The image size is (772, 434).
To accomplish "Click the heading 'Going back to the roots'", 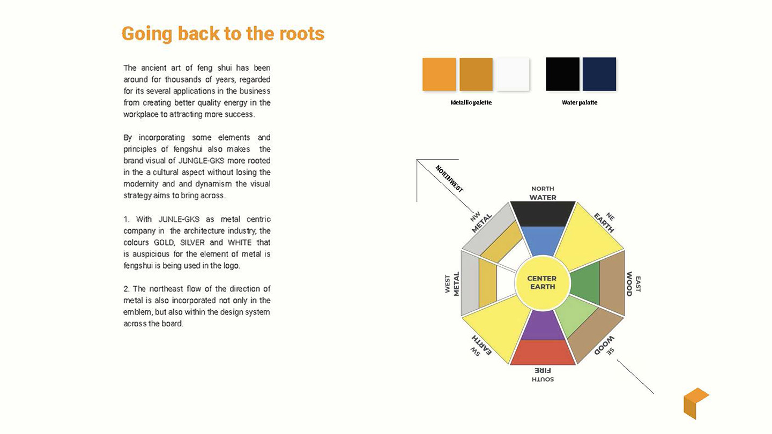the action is click(223, 34).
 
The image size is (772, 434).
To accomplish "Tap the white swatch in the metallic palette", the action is click(513, 74).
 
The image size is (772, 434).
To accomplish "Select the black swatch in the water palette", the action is click(562, 74).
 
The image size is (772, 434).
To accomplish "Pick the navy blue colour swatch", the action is click(599, 74).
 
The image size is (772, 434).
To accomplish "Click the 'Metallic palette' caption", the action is click(471, 103).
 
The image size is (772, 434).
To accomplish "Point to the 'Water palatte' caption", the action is click(580, 103).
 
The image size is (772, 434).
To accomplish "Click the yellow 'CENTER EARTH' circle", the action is click(543, 283).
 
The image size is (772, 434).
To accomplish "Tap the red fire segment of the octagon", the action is click(543, 353).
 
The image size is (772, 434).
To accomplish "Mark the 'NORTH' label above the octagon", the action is click(543, 189).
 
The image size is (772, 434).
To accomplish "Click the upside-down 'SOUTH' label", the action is click(543, 379).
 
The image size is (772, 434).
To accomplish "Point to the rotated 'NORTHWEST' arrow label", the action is click(449, 179).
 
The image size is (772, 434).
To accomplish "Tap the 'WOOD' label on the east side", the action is click(629, 284).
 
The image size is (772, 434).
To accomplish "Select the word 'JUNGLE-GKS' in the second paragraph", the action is click(201, 161).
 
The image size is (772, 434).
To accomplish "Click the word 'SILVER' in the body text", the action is click(192, 243).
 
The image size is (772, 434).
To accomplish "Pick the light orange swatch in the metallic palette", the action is click(439, 74).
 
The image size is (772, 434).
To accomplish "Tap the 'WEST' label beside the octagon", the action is click(447, 284).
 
